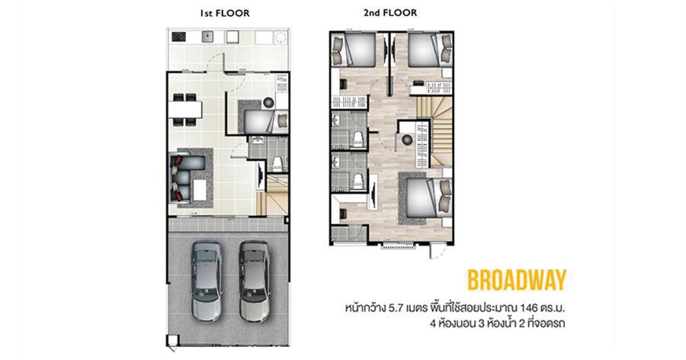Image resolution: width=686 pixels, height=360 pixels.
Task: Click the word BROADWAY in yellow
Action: coord(517,280)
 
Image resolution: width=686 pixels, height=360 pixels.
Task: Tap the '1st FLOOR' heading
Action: coord(224,14)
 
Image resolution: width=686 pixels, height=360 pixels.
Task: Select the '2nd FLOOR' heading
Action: coord(390,13)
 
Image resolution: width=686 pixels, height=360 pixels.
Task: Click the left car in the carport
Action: coord(207,281)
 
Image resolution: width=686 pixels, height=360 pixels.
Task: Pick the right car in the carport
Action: coord(254,281)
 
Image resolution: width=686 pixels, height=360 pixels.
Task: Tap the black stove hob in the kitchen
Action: coord(178,37)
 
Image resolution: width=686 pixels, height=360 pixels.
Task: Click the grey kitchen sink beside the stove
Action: coord(207,37)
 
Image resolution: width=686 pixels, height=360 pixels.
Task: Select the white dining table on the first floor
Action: coord(185,110)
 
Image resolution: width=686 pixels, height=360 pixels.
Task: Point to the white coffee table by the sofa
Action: coord(200,190)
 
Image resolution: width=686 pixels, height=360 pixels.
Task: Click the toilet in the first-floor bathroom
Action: coord(277,164)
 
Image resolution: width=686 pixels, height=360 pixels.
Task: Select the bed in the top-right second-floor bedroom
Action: coord(431,50)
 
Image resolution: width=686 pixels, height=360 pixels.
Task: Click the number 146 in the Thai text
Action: coord(528,307)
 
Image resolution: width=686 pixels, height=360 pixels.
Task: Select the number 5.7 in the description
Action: coord(396,307)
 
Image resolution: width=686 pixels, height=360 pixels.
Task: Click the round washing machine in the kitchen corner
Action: coord(280,37)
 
